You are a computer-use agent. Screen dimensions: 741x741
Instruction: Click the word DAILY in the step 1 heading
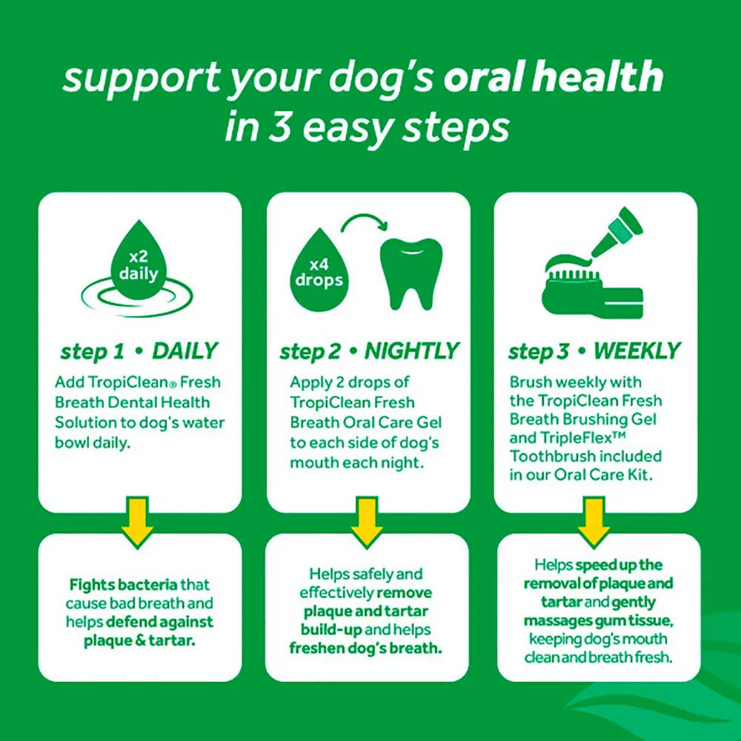click(185, 350)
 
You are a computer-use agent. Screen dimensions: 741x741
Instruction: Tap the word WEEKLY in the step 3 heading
click(637, 350)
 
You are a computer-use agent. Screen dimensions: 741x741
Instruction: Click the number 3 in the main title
click(266, 127)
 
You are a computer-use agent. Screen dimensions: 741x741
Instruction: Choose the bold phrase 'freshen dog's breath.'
click(366, 649)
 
